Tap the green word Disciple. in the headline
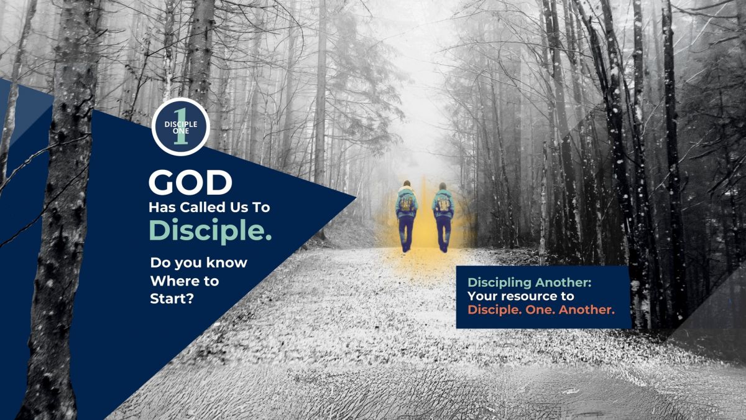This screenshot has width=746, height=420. [x=210, y=231]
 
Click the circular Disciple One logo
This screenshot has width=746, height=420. [x=180, y=127]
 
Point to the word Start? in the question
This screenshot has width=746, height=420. [x=172, y=298]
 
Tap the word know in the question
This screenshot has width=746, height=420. [x=227, y=263]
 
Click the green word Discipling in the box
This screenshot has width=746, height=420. [x=500, y=283]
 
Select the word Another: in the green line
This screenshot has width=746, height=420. [x=563, y=282]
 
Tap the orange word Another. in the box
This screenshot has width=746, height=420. [x=586, y=310]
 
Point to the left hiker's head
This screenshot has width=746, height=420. [x=407, y=184]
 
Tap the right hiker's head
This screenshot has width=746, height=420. [x=443, y=185]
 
